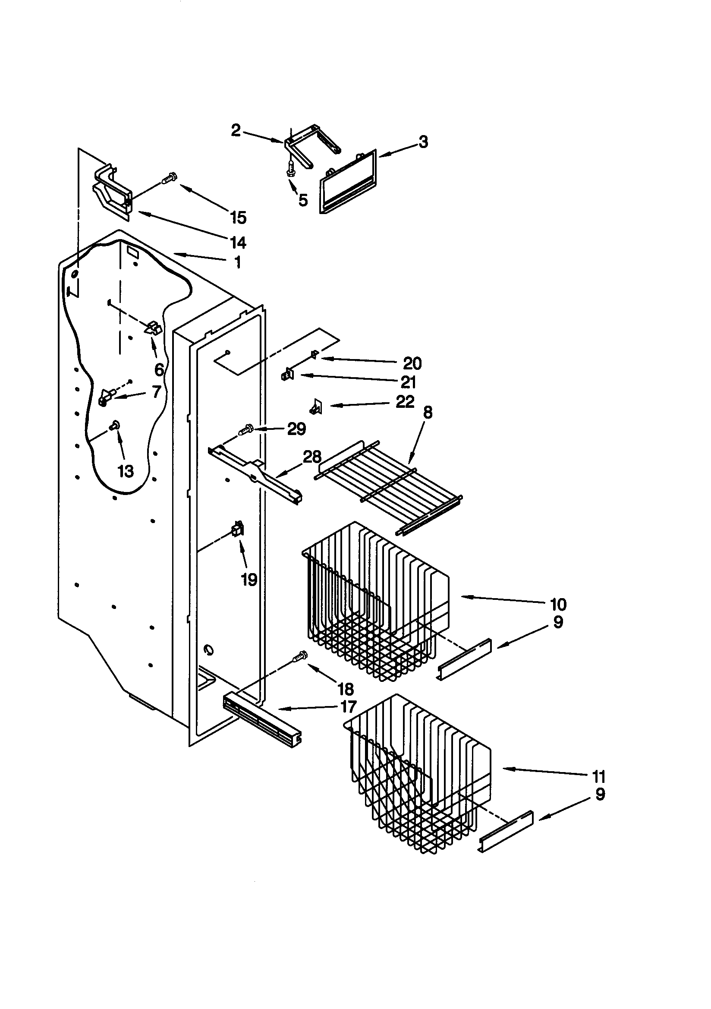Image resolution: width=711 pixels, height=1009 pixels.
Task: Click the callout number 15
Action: coord(238,217)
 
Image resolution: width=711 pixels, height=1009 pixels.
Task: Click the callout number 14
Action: coord(238,242)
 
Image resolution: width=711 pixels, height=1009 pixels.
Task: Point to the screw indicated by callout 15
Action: coord(169,179)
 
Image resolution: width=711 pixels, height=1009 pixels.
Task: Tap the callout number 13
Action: coord(125,471)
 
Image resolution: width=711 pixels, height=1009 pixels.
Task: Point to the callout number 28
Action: coord(312,457)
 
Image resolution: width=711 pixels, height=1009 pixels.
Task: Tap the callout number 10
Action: coord(558,605)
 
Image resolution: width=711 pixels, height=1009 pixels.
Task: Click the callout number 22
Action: coord(405,401)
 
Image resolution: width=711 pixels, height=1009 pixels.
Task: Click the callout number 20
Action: coord(412,363)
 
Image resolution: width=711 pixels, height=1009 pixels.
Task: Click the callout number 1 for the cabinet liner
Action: coord(237,262)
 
